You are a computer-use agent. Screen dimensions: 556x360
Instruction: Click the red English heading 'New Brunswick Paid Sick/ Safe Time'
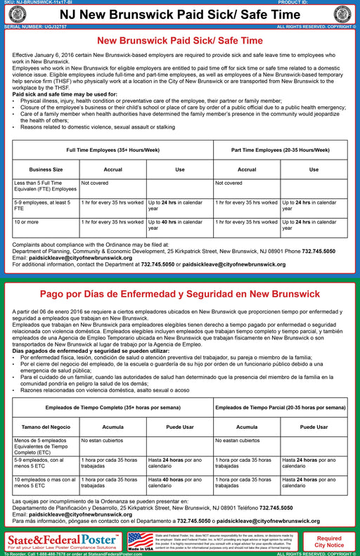[x=179, y=41]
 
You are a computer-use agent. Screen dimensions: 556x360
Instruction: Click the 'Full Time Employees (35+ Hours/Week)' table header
[x=113, y=150]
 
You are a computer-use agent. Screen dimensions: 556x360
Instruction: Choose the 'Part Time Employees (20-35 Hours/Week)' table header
[x=281, y=150]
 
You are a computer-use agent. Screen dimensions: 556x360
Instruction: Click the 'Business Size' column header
[x=46, y=169]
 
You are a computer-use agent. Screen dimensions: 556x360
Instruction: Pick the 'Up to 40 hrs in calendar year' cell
[x=179, y=225]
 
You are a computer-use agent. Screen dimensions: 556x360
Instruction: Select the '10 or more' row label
[x=27, y=222]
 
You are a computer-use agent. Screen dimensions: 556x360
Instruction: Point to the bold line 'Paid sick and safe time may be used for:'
[x=64, y=93]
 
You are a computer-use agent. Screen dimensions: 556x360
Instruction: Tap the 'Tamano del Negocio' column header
[x=46, y=427]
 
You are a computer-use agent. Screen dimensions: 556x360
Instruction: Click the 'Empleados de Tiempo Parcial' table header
[x=281, y=408]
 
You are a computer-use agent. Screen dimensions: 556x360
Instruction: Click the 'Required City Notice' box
[x=330, y=541]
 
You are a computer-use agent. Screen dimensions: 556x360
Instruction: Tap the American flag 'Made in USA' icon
[x=140, y=541]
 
